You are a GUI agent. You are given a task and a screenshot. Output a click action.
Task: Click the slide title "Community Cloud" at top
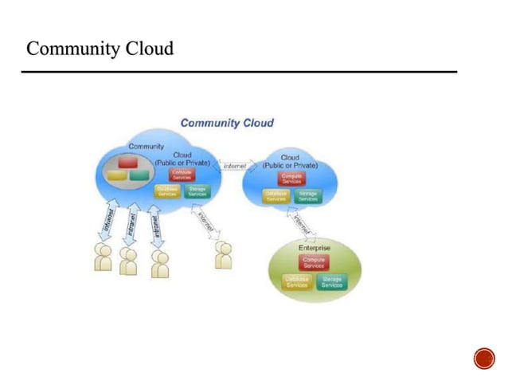pyautogui.click(x=100, y=49)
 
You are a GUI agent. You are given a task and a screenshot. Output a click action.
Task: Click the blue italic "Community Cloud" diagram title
pyautogui.click(x=227, y=123)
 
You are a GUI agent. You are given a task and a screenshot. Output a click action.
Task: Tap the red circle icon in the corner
pyautogui.click(x=483, y=358)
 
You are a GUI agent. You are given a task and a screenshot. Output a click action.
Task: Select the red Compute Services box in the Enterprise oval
pyautogui.click(x=314, y=262)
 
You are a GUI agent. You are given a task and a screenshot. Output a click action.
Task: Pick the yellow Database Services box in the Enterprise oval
pyautogui.click(x=296, y=282)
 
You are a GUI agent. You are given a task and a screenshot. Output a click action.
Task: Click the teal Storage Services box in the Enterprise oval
pyautogui.click(x=331, y=282)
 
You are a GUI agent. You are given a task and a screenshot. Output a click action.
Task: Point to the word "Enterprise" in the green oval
pyautogui.click(x=315, y=249)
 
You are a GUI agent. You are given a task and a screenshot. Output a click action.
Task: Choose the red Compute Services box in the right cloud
pyautogui.click(x=291, y=178)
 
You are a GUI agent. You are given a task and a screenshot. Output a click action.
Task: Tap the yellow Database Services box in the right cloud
pyautogui.click(x=275, y=195)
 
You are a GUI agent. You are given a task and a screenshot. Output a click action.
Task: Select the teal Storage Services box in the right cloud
pyautogui.click(x=307, y=195)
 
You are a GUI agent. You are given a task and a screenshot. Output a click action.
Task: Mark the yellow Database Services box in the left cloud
pyautogui.click(x=167, y=191)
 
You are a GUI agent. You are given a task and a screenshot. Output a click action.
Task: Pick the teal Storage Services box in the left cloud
pyautogui.click(x=197, y=191)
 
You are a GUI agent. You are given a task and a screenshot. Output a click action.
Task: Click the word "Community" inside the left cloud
pyautogui.click(x=147, y=147)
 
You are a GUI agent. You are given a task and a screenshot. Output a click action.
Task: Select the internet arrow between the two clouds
pyautogui.click(x=235, y=167)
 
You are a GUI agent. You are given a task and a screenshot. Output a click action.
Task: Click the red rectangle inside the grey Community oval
pyautogui.click(x=127, y=162)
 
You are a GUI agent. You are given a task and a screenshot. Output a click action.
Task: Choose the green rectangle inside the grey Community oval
pyautogui.click(x=138, y=173)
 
